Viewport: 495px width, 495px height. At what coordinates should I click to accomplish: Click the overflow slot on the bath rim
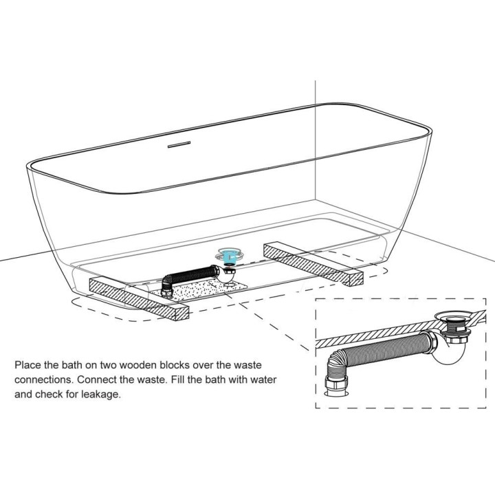[179, 144]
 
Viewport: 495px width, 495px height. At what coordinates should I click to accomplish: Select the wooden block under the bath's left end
[139, 299]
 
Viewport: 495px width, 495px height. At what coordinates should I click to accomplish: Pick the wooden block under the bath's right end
[313, 264]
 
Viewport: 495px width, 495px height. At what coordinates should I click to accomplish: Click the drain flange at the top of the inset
[452, 316]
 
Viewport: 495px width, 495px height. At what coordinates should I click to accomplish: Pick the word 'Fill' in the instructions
[177, 379]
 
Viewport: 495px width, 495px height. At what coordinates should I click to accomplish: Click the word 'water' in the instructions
[263, 379]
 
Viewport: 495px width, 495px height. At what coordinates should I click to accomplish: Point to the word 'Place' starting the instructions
[28, 365]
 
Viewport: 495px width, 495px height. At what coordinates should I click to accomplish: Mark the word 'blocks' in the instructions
[175, 365]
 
